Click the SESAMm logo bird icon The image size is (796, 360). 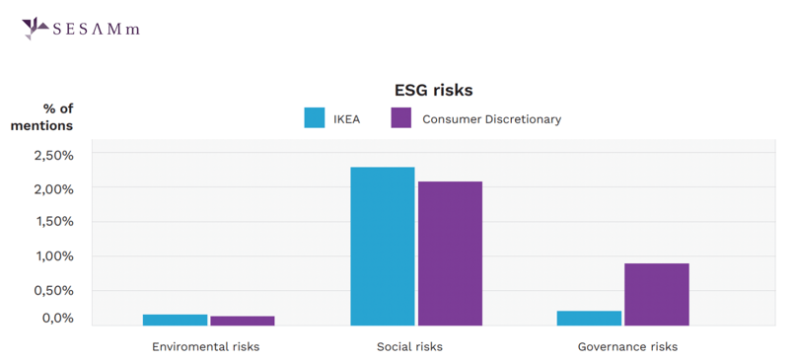pos(35,28)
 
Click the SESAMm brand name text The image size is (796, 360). pos(96,29)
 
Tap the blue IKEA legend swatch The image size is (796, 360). pos(315,118)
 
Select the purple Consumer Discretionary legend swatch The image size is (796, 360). pos(400,118)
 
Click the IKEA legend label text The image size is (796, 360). pos(346,119)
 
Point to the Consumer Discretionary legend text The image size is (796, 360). pos(491,119)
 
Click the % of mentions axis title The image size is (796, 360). pos(43,117)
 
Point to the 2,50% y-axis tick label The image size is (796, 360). pos(53,156)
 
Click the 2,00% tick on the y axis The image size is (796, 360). pos(53,189)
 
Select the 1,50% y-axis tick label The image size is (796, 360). pos(53,222)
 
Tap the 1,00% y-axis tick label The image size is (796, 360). pos(53,256)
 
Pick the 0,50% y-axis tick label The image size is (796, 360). pos(53,291)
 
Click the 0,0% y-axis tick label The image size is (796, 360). pos(56,318)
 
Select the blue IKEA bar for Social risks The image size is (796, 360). pos(383,247)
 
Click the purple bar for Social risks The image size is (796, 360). pos(450,253)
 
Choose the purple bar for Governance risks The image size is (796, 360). pos(657,294)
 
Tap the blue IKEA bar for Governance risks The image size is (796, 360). pos(589,318)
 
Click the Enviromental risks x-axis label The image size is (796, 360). pos(205,347)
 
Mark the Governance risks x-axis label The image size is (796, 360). pos(627,347)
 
